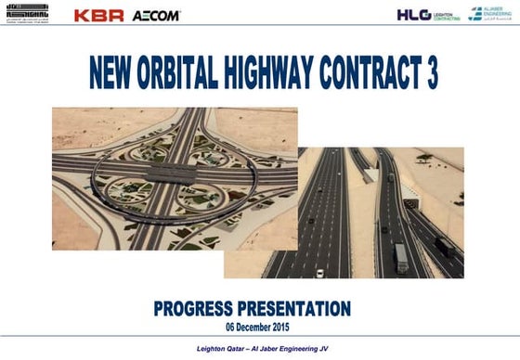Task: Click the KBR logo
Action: click(x=98, y=15)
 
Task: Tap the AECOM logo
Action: click(x=156, y=16)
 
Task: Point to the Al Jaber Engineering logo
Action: click(x=488, y=14)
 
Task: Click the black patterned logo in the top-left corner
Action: click(x=29, y=14)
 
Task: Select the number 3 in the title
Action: click(x=430, y=73)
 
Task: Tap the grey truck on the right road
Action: click(x=401, y=257)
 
